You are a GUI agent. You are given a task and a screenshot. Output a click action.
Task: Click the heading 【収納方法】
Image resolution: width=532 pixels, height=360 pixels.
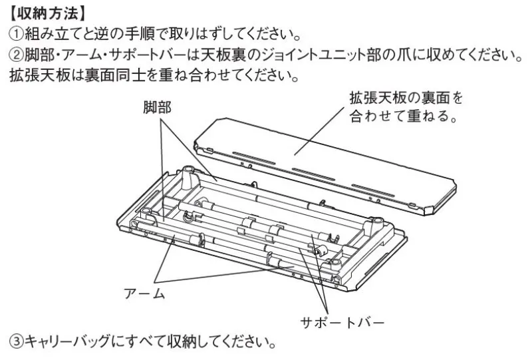point(47,13)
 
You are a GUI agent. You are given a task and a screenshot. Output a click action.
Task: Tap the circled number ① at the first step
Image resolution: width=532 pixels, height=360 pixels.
point(15,34)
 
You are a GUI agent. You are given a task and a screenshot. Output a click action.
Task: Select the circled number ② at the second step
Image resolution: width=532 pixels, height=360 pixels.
point(15,55)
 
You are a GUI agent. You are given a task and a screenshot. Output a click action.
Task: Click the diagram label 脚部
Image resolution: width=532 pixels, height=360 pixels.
point(157,107)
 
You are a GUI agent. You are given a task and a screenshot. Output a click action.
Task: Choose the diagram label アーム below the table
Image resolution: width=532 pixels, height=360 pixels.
point(144,293)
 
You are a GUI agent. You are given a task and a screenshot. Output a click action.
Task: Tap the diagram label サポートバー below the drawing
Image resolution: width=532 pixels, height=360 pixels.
point(342,321)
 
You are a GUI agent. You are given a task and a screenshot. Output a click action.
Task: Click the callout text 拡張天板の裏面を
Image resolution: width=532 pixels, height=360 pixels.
point(406,98)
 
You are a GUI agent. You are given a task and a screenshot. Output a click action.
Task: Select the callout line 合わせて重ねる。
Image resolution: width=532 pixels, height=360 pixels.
point(403,116)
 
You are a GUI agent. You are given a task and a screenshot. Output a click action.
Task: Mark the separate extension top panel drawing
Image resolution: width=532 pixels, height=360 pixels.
point(325,167)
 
